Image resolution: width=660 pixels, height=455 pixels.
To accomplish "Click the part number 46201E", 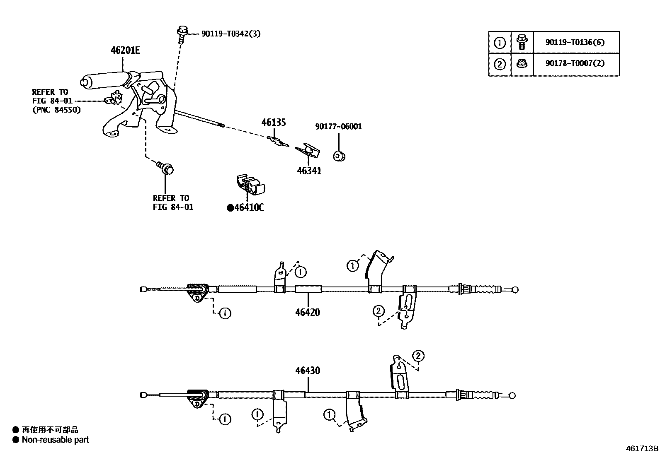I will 125,51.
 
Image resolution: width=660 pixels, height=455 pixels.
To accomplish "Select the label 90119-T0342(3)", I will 231,34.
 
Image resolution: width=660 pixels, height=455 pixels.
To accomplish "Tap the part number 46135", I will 273,123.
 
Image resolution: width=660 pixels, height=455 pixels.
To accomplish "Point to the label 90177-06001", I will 338,126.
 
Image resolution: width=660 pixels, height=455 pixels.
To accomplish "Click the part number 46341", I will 309,171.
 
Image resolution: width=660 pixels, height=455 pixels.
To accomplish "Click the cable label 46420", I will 308,312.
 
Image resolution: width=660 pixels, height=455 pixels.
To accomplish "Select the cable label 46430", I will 308,370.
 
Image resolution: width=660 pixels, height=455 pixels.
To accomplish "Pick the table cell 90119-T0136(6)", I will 575,42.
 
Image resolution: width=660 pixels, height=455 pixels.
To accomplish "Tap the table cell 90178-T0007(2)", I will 575,64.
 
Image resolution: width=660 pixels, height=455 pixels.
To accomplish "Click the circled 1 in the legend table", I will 500,42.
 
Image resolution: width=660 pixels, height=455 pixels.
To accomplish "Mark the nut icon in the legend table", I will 522,64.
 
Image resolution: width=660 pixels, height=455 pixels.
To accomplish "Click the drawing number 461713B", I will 642,448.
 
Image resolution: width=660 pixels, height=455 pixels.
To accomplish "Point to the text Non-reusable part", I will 55,440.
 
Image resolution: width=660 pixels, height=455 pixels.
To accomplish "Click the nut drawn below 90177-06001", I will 340,156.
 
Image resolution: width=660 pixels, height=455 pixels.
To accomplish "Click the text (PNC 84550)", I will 56,110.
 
